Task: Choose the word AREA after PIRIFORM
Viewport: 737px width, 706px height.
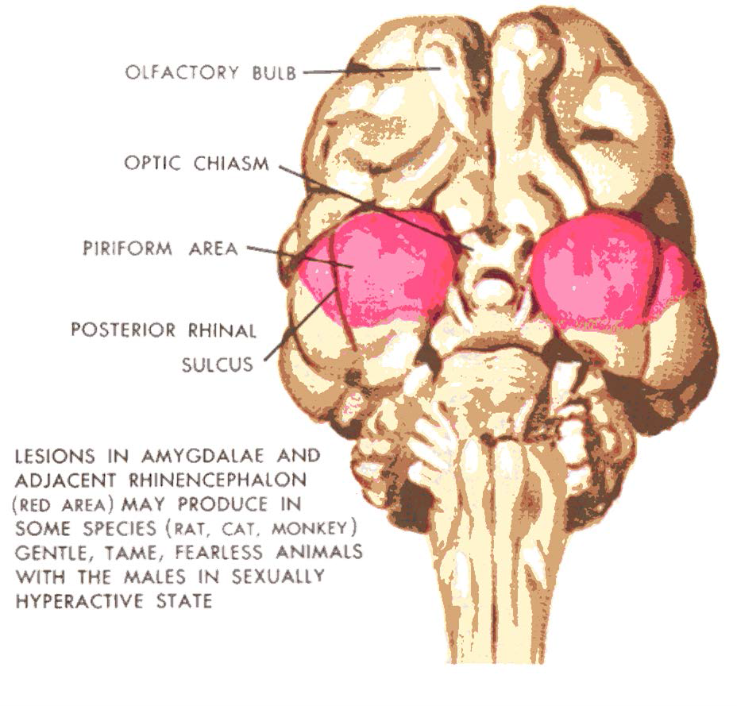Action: (x=211, y=249)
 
